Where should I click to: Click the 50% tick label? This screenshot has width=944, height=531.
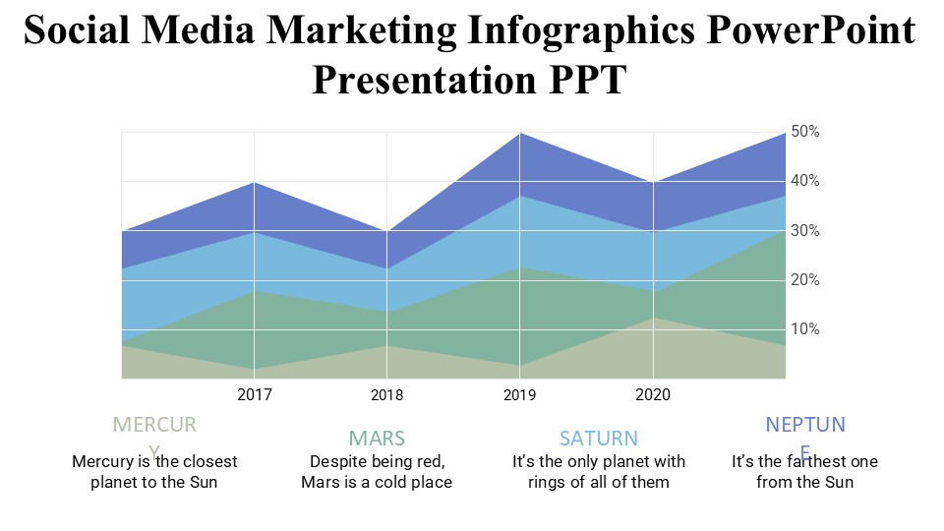[806, 132]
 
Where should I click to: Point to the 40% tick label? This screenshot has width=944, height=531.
[806, 181]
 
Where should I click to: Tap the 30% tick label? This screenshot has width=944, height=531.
[806, 230]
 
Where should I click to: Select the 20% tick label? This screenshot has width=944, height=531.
[806, 279]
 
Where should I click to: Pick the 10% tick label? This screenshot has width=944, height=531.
[806, 328]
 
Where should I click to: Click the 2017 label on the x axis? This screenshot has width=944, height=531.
[255, 395]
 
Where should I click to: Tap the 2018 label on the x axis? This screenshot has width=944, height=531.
[386, 395]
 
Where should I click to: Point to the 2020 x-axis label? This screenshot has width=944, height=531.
[653, 395]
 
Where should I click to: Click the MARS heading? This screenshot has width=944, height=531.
[377, 438]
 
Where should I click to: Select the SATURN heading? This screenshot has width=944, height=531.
[599, 438]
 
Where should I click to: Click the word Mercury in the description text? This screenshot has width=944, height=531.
[105, 461]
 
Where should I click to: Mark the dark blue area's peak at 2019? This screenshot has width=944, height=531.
[520, 134]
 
